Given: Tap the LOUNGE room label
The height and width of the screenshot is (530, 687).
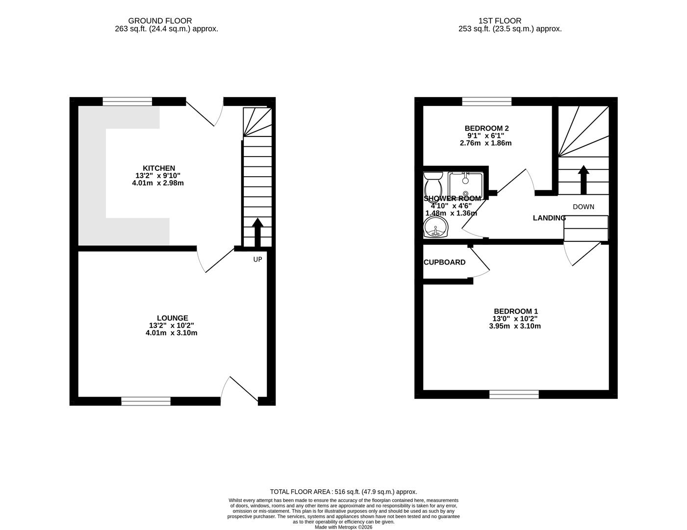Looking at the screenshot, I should (x=172, y=318).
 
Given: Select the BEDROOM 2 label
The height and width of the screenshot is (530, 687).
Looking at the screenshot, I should (x=483, y=128).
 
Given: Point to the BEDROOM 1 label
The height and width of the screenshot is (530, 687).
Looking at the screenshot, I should (x=515, y=311).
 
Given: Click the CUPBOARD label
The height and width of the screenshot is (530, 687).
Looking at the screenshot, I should (x=444, y=263).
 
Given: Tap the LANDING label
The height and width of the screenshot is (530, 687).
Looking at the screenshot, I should (x=549, y=218).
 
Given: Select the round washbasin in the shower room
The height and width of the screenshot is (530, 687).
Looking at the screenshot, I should (x=435, y=228).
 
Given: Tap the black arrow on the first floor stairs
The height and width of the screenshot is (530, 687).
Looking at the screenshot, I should (x=583, y=179).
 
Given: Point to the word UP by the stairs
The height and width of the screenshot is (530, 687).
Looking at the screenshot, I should (x=257, y=259).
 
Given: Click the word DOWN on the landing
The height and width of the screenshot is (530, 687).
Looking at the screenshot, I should (x=583, y=207).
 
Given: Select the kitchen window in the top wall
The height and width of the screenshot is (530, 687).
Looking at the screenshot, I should (x=127, y=102).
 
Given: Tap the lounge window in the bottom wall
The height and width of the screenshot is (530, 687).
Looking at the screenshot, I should (x=146, y=401).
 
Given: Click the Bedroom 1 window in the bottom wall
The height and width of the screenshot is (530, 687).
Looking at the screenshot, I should (x=514, y=394).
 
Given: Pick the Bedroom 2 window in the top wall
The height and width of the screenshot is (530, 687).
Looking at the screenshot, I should (x=487, y=102).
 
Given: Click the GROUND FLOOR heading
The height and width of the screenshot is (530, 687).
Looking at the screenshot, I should (x=160, y=21).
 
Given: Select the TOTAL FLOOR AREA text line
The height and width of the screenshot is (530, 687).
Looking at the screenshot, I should (x=343, y=491).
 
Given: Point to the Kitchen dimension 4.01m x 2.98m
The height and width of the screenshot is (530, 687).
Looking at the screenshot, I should (x=158, y=183).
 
